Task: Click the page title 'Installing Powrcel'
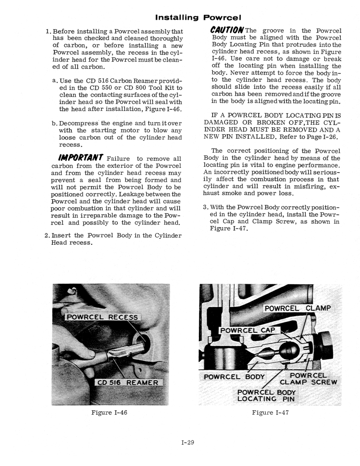point(198,17)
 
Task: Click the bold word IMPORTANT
point(81,158)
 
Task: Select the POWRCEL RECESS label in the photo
point(103,317)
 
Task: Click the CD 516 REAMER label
point(128,383)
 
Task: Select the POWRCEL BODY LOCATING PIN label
point(266,396)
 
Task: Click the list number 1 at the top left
point(48,31)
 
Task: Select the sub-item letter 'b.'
point(55,123)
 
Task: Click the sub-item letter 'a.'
point(55,80)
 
